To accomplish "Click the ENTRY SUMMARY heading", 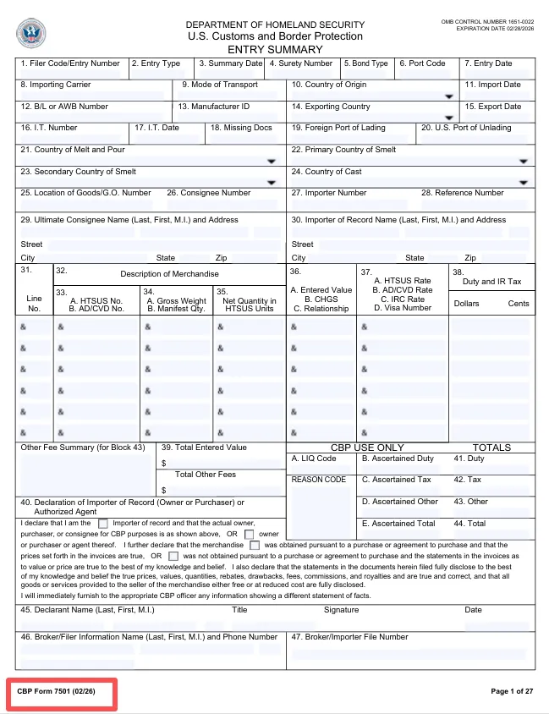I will point(275,49).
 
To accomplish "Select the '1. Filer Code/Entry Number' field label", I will point(70,63).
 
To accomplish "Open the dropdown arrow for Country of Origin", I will point(448,96).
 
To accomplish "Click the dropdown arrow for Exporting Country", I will point(448,118).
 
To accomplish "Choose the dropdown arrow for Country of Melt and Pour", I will point(271,161).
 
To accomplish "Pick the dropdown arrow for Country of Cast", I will point(524,182).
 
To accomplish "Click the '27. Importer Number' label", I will point(329,193).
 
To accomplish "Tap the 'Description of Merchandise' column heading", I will point(169,274).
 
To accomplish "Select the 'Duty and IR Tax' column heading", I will point(491,282).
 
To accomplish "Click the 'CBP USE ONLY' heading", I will point(366,448).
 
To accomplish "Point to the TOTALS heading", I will point(491,448).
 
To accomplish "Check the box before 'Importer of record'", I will point(103,524).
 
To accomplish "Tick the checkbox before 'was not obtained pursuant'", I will point(173,557).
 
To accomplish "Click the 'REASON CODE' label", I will point(319,480).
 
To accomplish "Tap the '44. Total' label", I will point(470,524).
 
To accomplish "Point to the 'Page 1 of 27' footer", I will point(512,692).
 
